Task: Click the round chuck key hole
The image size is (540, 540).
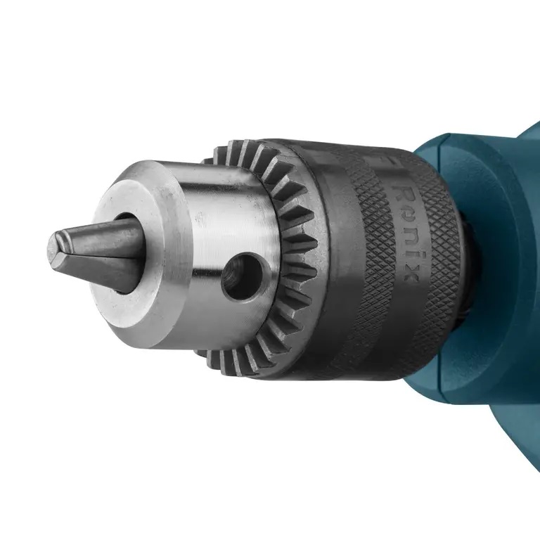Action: (x=238, y=276)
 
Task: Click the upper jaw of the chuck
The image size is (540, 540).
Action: (x=98, y=229)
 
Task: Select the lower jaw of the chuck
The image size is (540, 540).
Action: (x=105, y=271)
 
